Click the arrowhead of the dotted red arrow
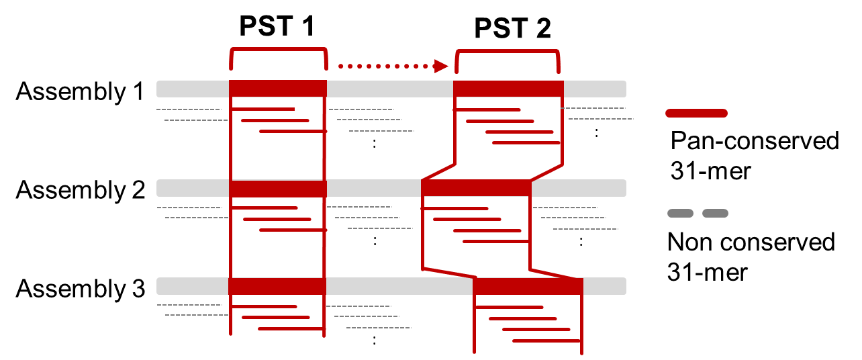[441, 66]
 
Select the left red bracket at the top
[278, 49]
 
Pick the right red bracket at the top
[508, 51]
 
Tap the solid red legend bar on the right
[696, 113]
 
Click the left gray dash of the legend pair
[680, 213]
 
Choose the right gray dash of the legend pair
[715, 213]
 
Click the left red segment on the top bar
[278, 89]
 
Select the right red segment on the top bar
[508, 89]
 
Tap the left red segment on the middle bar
[278, 188]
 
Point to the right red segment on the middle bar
[476, 188]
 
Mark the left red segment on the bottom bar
[277, 286]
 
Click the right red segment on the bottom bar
[528, 286]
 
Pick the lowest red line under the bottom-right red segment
[546, 341]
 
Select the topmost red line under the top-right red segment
[487, 109]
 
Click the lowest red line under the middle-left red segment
[293, 230]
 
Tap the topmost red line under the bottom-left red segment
[264, 306]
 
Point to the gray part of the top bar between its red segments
[389, 89]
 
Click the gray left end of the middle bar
[193, 188]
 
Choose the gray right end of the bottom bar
[604, 286]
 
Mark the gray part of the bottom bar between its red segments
[399, 286]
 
